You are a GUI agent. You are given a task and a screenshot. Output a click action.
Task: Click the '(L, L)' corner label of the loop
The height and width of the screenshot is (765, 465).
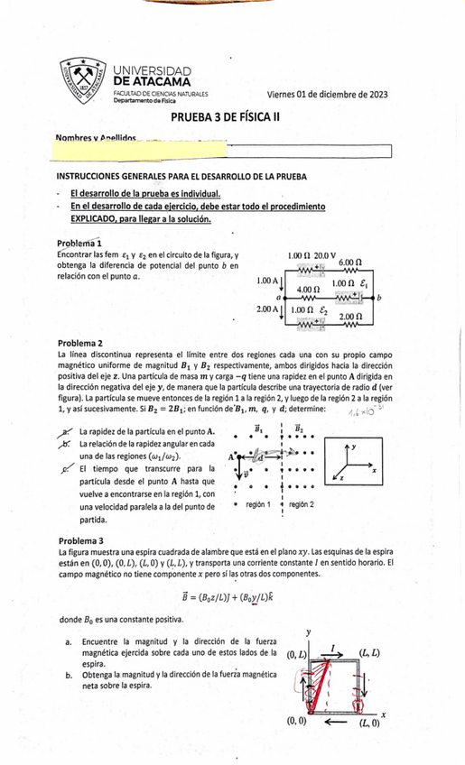coord(368,651)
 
